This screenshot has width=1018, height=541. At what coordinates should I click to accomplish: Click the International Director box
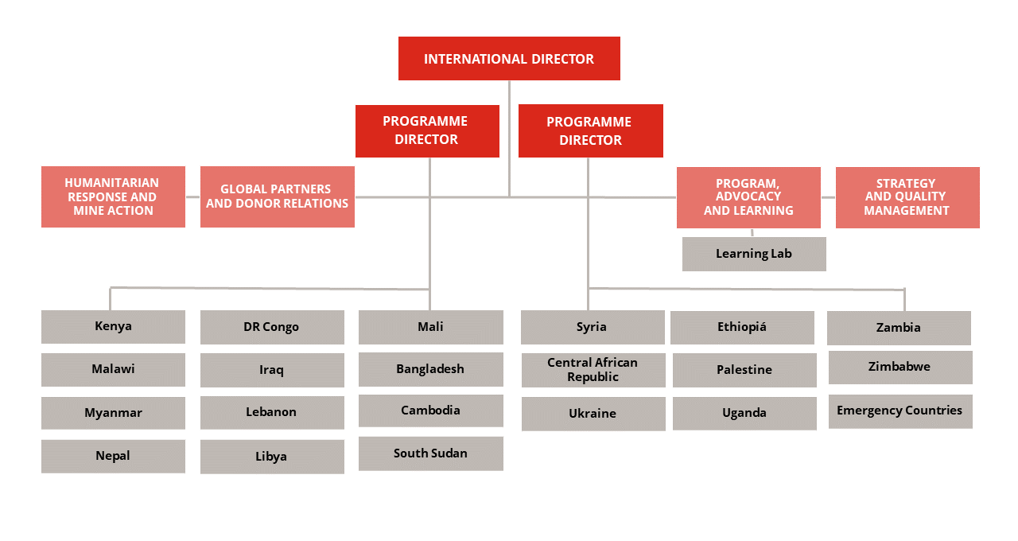click(509, 59)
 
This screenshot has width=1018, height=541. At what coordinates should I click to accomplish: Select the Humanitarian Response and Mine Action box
click(113, 197)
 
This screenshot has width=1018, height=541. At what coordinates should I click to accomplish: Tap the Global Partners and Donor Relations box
click(277, 197)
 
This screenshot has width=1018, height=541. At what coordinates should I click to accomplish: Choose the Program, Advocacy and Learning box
click(748, 197)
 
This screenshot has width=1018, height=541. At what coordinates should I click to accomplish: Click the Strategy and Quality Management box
click(907, 197)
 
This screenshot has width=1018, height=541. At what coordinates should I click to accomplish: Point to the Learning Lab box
click(754, 254)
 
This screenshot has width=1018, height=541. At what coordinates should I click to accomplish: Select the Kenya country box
click(113, 326)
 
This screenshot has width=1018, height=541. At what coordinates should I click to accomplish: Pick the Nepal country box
click(113, 456)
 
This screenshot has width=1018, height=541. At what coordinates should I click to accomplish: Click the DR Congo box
click(271, 327)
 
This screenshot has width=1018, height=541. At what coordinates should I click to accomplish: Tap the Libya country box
click(271, 457)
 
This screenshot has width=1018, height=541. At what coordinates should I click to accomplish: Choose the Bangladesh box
click(430, 369)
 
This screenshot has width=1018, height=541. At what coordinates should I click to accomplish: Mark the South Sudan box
click(430, 453)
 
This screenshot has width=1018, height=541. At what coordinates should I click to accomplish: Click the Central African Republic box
click(593, 370)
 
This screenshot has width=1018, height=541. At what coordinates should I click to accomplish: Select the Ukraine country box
click(593, 414)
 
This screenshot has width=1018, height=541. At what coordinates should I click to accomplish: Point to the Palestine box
click(744, 370)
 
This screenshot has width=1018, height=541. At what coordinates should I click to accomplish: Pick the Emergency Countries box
click(899, 411)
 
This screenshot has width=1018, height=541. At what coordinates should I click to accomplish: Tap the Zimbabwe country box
click(899, 367)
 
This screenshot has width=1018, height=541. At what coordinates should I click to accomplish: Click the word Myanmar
click(113, 413)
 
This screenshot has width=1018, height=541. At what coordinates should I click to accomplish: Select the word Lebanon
click(271, 412)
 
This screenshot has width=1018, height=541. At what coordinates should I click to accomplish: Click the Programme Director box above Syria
click(590, 131)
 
